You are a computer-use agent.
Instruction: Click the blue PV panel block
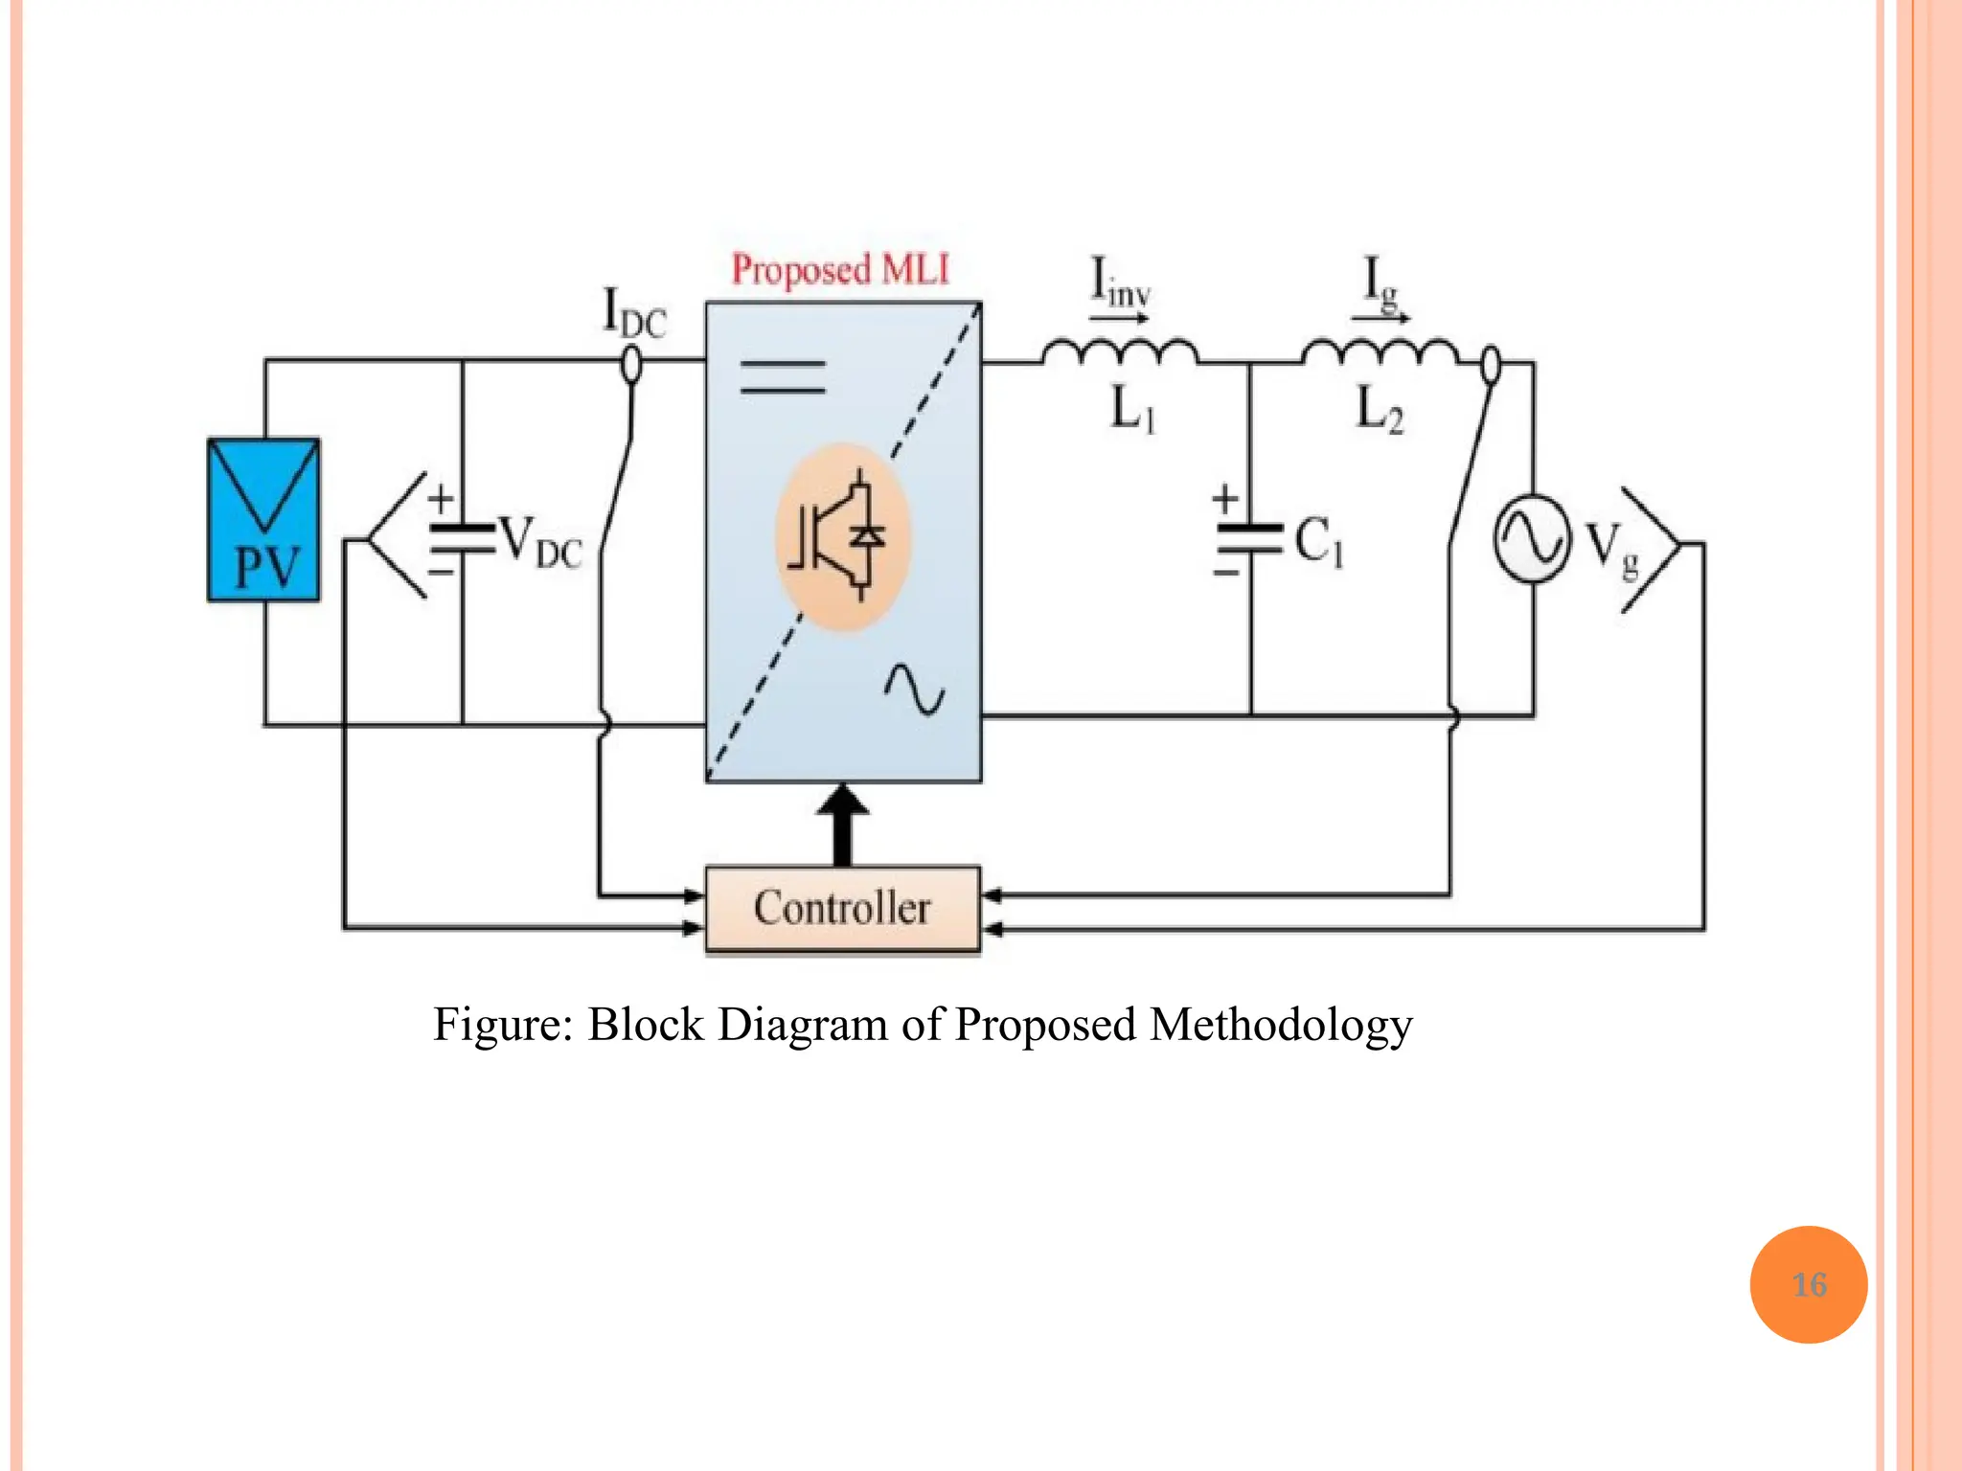pos(263,520)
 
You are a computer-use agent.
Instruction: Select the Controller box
pos(842,909)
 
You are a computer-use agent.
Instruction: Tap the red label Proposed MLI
pos(840,269)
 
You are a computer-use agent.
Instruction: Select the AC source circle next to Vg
pos(1532,538)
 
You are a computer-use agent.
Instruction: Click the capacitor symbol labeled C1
pos(1248,539)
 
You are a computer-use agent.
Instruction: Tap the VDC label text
pos(540,543)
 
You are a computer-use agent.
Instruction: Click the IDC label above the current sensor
pos(633,313)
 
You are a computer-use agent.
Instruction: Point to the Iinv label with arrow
pos(1120,284)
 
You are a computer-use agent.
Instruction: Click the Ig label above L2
pos(1380,284)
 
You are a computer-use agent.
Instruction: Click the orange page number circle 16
pos(1808,1284)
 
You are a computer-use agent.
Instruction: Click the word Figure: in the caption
pos(503,1025)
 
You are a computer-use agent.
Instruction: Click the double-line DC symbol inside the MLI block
pos(783,376)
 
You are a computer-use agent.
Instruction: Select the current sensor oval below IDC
pos(631,365)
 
